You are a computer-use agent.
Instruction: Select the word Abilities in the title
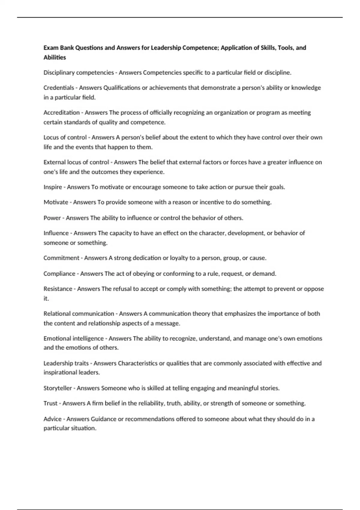click(55, 57)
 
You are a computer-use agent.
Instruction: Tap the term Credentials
click(58, 88)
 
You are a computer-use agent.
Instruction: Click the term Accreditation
click(61, 112)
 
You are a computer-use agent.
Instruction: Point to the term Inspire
click(52, 187)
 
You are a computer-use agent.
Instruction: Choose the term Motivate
click(56, 202)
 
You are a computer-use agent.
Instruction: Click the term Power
click(52, 218)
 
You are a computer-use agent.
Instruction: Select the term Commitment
click(61, 258)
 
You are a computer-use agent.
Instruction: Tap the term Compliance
click(59, 274)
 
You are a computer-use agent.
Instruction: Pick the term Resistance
click(58, 289)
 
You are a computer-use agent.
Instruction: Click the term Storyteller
click(58, 388)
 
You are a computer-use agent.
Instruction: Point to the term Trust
click(50, 403)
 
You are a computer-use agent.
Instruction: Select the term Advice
click(52, 419)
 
